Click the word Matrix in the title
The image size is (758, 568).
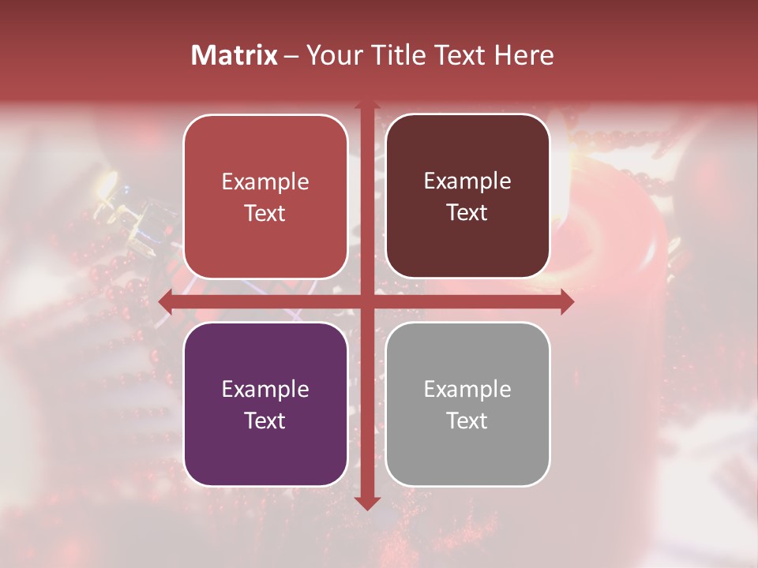[234, 55]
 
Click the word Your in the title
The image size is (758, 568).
[331, 55]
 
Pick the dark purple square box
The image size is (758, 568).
[265, 404]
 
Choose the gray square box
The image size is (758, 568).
[467, 404]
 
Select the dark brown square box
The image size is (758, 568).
[467, 196]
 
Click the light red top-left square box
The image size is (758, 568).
[265, 196]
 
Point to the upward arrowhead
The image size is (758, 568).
[367, 106]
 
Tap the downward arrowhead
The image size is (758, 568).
[367, 503]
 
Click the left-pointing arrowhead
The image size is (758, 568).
[165, 301]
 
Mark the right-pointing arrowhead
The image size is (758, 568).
[567, 301]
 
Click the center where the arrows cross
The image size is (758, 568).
[367, 301]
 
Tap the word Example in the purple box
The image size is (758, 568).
[265, 389]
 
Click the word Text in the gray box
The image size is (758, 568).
[467, 420]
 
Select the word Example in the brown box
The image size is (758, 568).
[467, 181]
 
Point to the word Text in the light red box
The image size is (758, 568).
[265, 213]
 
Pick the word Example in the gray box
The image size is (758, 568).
[467, 389]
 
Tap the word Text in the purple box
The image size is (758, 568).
[265, 420]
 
